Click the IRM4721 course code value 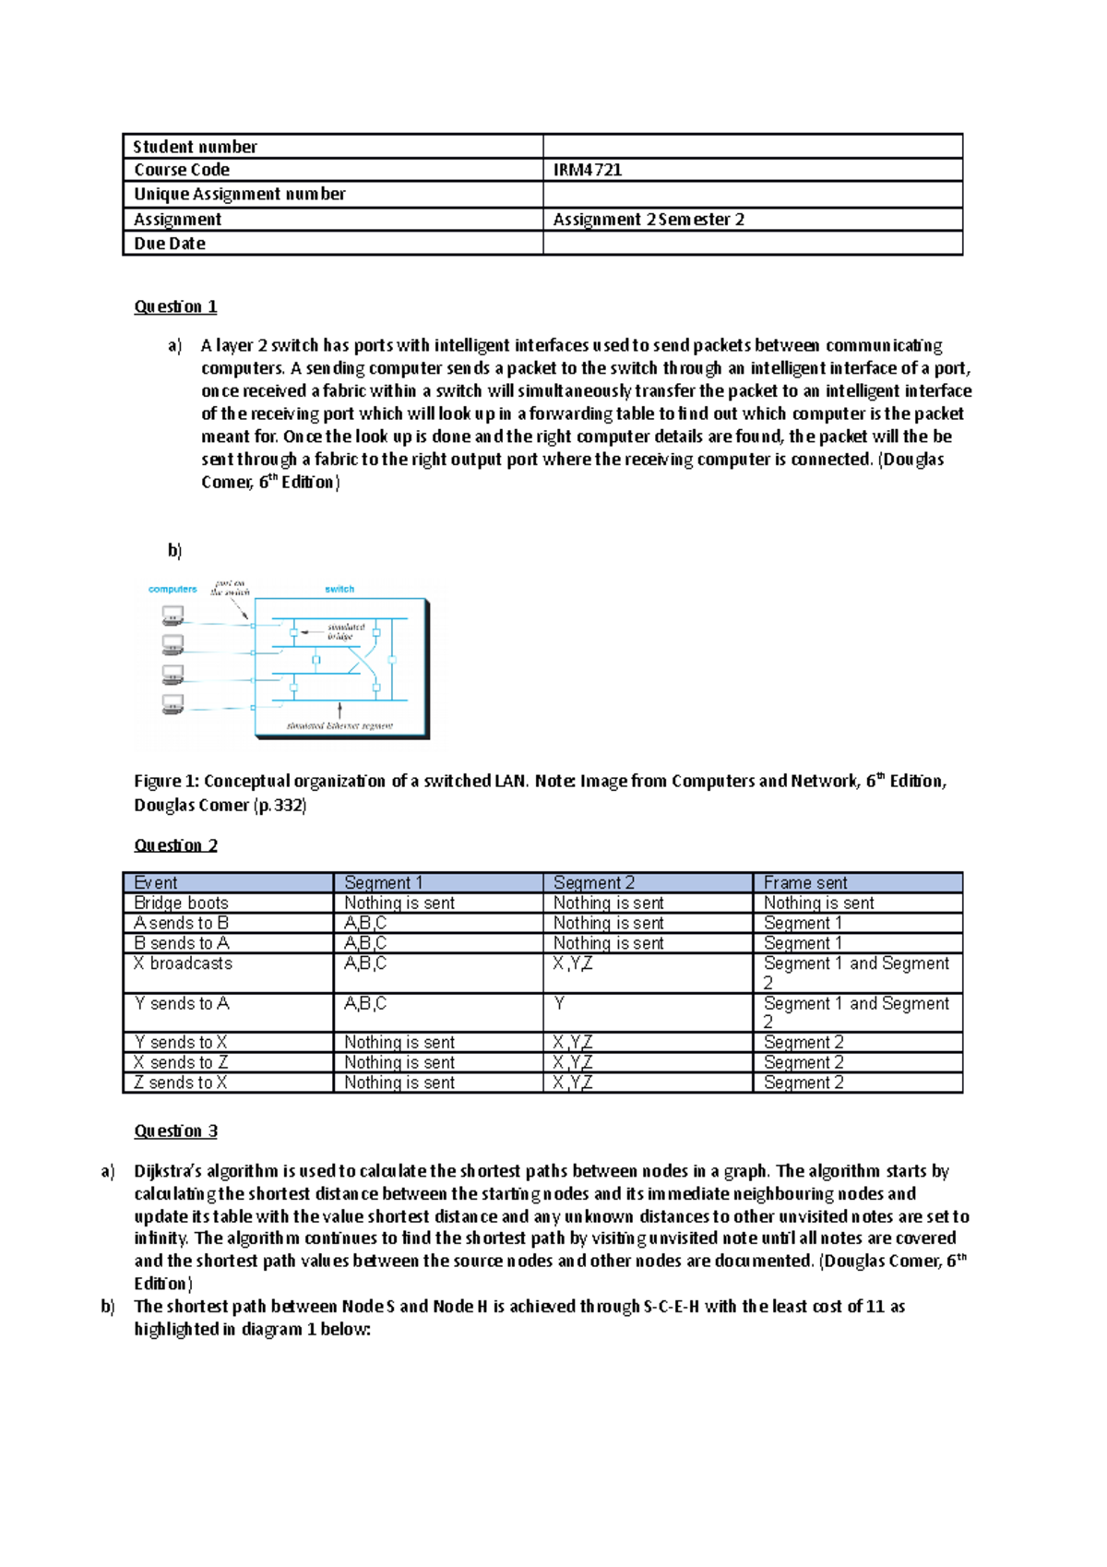(x=588, y=170)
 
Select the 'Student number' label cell (x=195, y=147)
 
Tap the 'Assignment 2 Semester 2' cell (x=649, y=220)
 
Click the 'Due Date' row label (x=170, y=244)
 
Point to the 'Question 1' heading (x=175, y=306)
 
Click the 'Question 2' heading (x=175, y=845)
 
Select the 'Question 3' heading (x=175, y=1131)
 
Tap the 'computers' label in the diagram (x=173, y=589)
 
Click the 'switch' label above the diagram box (x=339, y=589)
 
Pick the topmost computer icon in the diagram (x=173, y=615)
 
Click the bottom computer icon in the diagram (x=173, y=704)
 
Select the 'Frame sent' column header (x=805, y=883)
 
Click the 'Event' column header (x=156, y=883)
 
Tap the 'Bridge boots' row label (x=181, y=903)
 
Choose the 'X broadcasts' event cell (x=183, y=963)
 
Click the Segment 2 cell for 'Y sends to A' (x=560, y=1003)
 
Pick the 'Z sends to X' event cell (x=180, y=1083)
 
